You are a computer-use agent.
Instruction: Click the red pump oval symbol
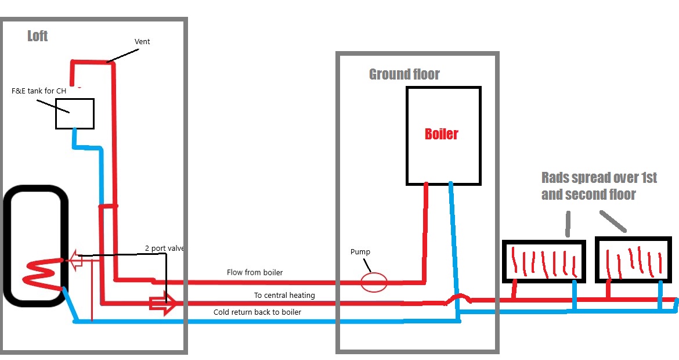point(374,283)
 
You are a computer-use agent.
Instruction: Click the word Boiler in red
point(442,134)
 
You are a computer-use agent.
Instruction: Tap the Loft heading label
point(38,36)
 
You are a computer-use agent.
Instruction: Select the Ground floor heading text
point(404,74)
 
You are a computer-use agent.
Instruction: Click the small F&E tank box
point(75,114)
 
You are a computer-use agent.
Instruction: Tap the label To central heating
point(284,296)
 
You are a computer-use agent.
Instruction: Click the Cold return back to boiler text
point(257,312)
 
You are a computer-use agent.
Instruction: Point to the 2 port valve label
point(165,249)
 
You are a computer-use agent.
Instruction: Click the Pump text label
point(360,252)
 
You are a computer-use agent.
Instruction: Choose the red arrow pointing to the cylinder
point(75,261)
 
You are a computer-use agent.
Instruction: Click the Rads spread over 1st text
point(599,178)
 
